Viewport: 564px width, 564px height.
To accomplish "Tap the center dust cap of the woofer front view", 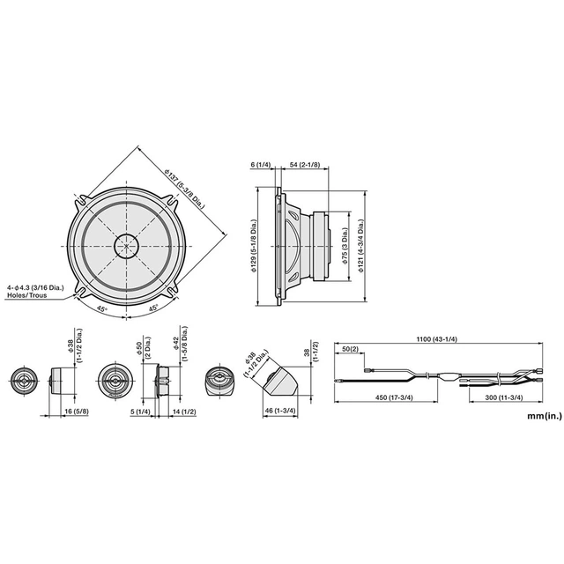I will coord(127,243).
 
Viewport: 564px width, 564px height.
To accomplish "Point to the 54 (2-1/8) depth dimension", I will coord(307,165).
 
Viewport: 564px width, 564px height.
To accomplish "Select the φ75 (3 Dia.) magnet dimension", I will coord(346,244).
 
